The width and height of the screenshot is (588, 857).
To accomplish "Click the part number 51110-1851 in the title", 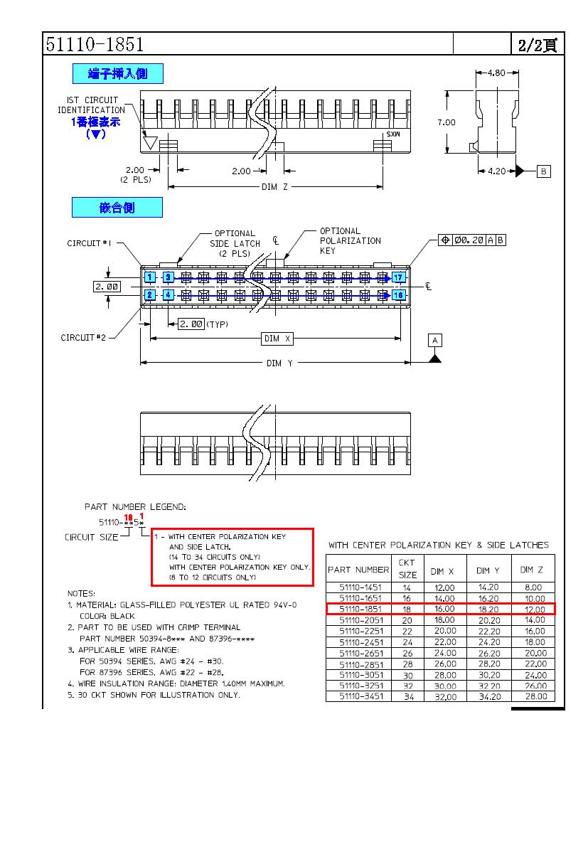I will pos(95,44).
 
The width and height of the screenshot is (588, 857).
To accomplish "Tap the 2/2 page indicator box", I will pos(537,44).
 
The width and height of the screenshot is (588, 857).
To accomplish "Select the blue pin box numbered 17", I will pos(398,277).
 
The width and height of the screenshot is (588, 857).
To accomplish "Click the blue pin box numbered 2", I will pos(150,294).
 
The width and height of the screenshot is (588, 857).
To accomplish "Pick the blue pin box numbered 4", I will pos(169,294).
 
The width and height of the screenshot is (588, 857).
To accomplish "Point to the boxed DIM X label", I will pos(278,339).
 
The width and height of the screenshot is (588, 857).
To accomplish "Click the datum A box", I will pos(435,340).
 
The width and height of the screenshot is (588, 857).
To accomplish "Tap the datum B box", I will pos(543,171).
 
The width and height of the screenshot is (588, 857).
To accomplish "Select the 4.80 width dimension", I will pos(497,73).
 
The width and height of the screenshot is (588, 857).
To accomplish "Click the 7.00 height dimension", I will pos(447,122).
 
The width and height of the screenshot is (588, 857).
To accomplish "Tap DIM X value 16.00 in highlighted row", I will pos(444,609).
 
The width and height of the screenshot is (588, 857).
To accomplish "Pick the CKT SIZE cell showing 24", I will pos(407,642).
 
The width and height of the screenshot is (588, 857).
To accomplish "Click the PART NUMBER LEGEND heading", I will pos(135,507).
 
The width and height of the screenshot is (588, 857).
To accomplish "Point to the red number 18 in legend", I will pos(129,517).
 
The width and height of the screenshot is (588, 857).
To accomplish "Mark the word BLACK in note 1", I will pos(122,616).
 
